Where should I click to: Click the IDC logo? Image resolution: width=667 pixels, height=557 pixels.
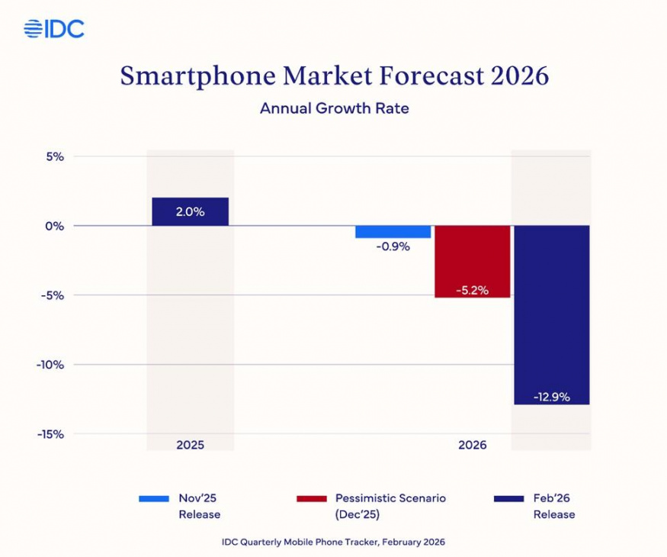pyautogui.click(x=54, y=29)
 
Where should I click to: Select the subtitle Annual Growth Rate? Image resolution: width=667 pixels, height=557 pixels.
pyautogui.click(x=334, y=108)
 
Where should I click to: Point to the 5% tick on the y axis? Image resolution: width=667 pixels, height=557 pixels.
pyautogui.click(x=53, y=156)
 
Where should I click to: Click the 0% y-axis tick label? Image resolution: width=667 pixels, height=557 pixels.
pyautogui.click(x=53, y=226)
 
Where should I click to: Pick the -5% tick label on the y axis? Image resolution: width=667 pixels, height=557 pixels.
pyautogui.click(x=51, y=295)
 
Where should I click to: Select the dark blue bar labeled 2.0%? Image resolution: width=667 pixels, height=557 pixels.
pyautogui.click(x=190, y=211)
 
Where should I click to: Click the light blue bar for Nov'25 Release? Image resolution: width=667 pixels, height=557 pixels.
pyautogui.click(x=393, y=232)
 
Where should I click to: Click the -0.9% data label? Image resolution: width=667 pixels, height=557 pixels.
pyautogui.click(x=393, y=246)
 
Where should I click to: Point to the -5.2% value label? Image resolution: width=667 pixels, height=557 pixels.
pyautogui.click(x=472, y=290)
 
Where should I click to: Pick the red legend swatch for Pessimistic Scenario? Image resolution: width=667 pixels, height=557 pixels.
pyautogui.click(x=311, y=498)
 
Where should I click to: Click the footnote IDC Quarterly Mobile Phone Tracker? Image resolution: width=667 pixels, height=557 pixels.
pyautogui.click(x=332, y=542)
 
